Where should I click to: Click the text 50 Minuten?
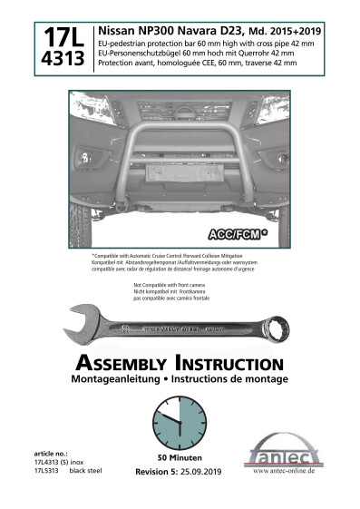(x=179, y=458)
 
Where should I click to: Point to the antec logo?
(x=284, y=451)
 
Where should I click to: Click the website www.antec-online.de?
(x=284, y=472)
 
